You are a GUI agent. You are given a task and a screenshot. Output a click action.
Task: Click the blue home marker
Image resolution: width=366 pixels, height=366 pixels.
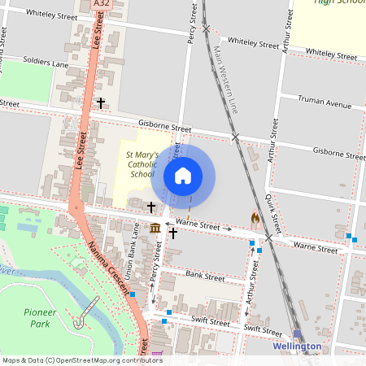click(x=183, y=175)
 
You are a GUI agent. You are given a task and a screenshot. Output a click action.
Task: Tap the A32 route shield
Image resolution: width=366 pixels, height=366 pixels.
click(x=102, y=4)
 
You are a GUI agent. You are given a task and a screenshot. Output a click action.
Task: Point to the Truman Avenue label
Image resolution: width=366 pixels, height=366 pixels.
click(x=324, y=104)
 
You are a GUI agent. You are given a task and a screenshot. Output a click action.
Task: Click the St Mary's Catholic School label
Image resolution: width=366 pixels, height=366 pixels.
click(x=141, y=163)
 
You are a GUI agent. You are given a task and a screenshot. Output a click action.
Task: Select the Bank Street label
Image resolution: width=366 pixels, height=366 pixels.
click(x=204, y=277)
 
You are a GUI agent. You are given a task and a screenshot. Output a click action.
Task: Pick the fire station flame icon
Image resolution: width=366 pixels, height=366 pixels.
click(x=255, y=218)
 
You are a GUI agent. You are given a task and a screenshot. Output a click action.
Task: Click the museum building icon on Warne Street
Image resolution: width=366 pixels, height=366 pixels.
click(x=155, y=228)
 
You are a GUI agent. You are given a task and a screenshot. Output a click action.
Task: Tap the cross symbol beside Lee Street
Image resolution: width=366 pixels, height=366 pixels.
click(x=102, y=103)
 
